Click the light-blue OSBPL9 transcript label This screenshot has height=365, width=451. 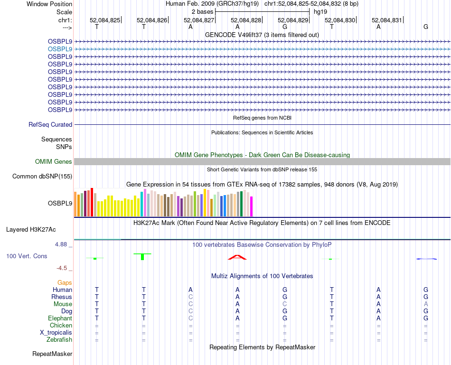[60, 49]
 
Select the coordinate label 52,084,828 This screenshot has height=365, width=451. [246, 20]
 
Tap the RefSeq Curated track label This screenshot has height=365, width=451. [50, 124]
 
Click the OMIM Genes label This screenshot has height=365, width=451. [54, 162]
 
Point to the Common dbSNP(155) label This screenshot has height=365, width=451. [42, 177]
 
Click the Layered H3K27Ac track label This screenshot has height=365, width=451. [31, 229]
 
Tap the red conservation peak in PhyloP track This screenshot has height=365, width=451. [237, 257]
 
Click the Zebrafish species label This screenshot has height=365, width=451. [59, 340]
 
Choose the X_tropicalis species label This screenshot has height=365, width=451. [56, 333]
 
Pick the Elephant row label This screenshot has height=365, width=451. [60, 318]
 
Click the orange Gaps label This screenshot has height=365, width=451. [65, 282]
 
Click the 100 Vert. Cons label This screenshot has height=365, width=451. [27, 256]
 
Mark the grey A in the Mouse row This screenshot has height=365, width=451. [426, 304]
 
